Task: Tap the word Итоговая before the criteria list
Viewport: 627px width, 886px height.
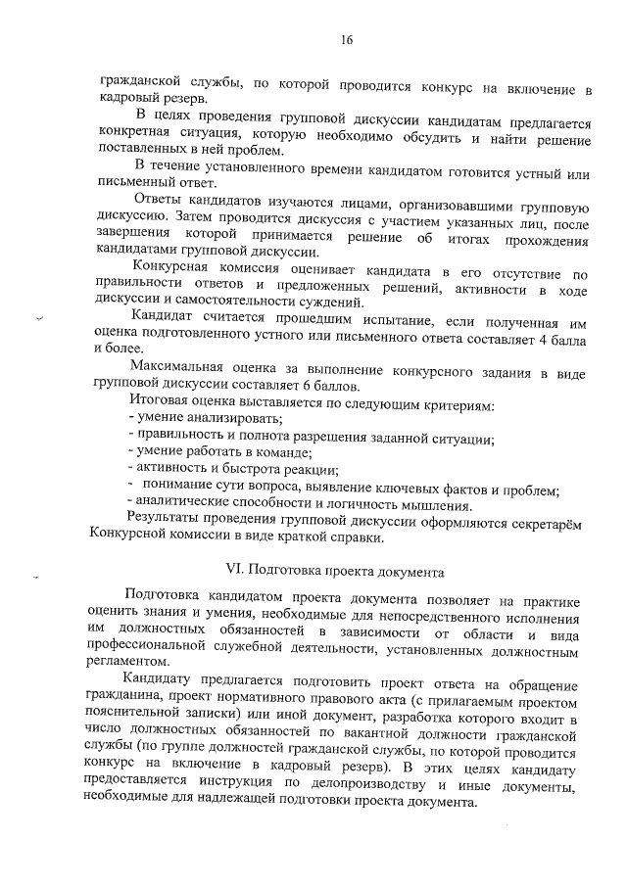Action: [159, 402]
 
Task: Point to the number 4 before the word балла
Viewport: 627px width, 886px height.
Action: [554, 339]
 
